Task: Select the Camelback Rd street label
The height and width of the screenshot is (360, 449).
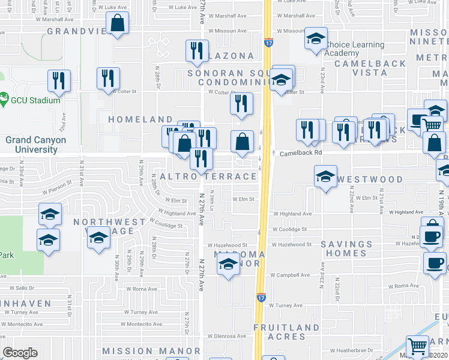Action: [301, 153]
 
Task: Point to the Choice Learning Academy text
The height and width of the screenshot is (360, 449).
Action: [354, 49]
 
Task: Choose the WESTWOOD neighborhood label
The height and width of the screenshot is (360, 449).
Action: [370, 179]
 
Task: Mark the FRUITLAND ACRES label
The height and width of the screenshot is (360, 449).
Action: [286, 332]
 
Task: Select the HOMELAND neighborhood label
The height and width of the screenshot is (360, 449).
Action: [140, 120]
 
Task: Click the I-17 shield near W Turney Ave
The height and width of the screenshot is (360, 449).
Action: [262, 296]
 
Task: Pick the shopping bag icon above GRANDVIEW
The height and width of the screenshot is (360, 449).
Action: [118, 24]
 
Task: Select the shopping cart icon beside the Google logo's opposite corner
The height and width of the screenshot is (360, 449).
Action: [417, 346]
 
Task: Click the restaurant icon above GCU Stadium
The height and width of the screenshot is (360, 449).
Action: [59, 81]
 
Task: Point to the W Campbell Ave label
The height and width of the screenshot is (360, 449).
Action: [289, 275]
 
